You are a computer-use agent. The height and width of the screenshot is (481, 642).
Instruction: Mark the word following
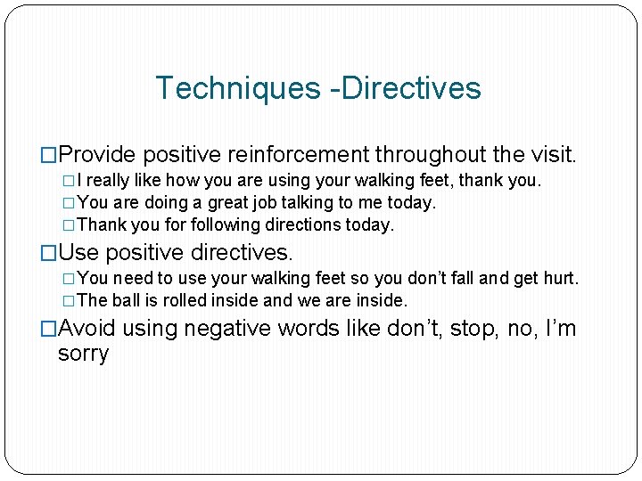197,225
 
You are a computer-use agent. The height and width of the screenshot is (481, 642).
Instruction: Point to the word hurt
561,279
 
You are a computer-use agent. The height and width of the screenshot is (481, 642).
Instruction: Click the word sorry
83,354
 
